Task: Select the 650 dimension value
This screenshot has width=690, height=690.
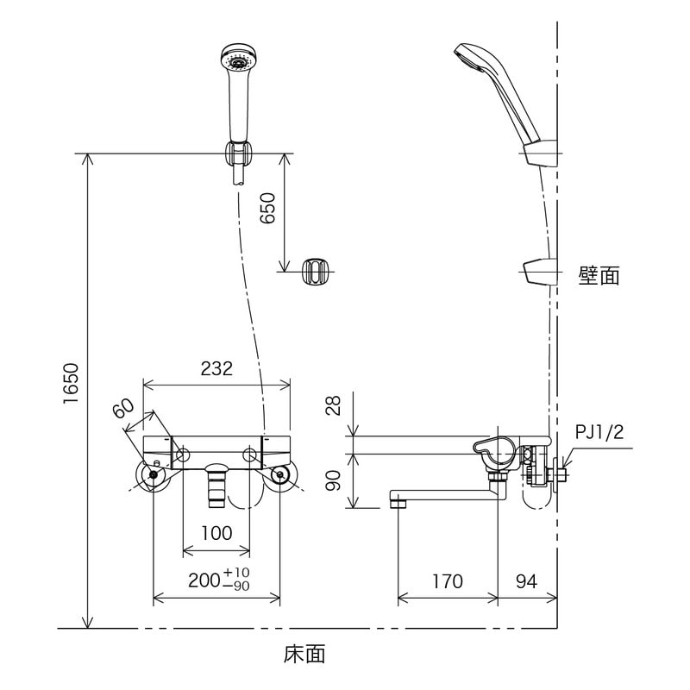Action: click(267, 210)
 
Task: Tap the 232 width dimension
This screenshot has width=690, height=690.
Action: click(216, 368)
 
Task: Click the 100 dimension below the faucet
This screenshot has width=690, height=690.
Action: click(216, 532)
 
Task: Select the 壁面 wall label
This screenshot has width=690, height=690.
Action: click(599, 275)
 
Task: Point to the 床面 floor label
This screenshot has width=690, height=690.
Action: click(304, 655)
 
